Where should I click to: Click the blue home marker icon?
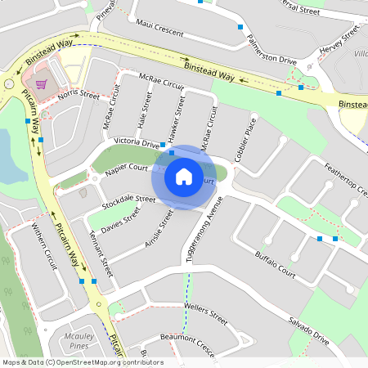click(x=184, y=176)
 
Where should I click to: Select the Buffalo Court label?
click(x=275, y=260)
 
